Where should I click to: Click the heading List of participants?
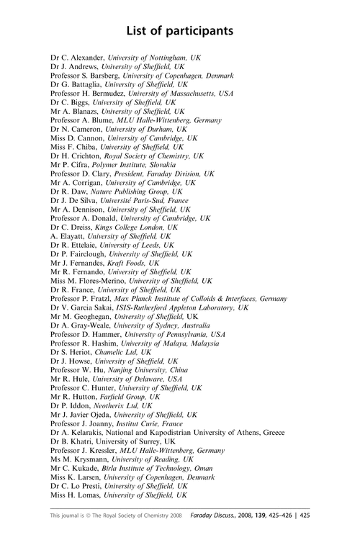click(x=180, y=31)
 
